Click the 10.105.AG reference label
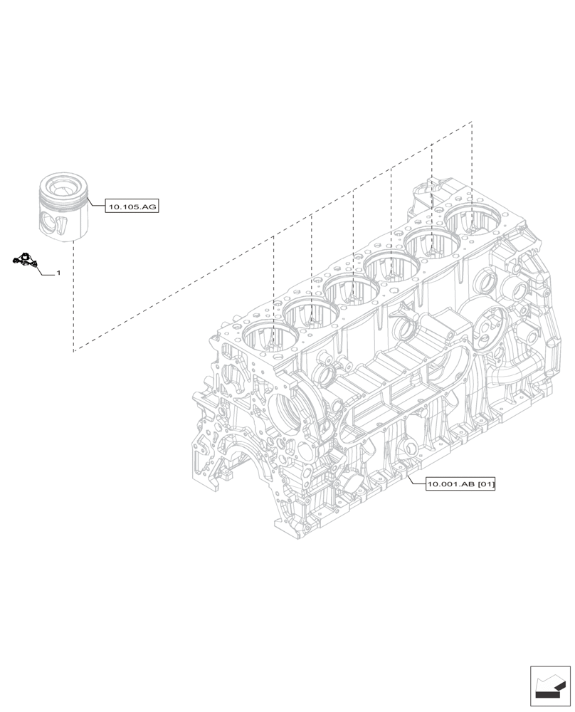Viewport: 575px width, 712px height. click(132, 207)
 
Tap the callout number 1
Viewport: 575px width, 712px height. click(58, 273)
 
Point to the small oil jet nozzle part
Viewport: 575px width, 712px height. click(24, 261)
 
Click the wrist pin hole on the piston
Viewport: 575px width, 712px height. click(48, 221)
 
